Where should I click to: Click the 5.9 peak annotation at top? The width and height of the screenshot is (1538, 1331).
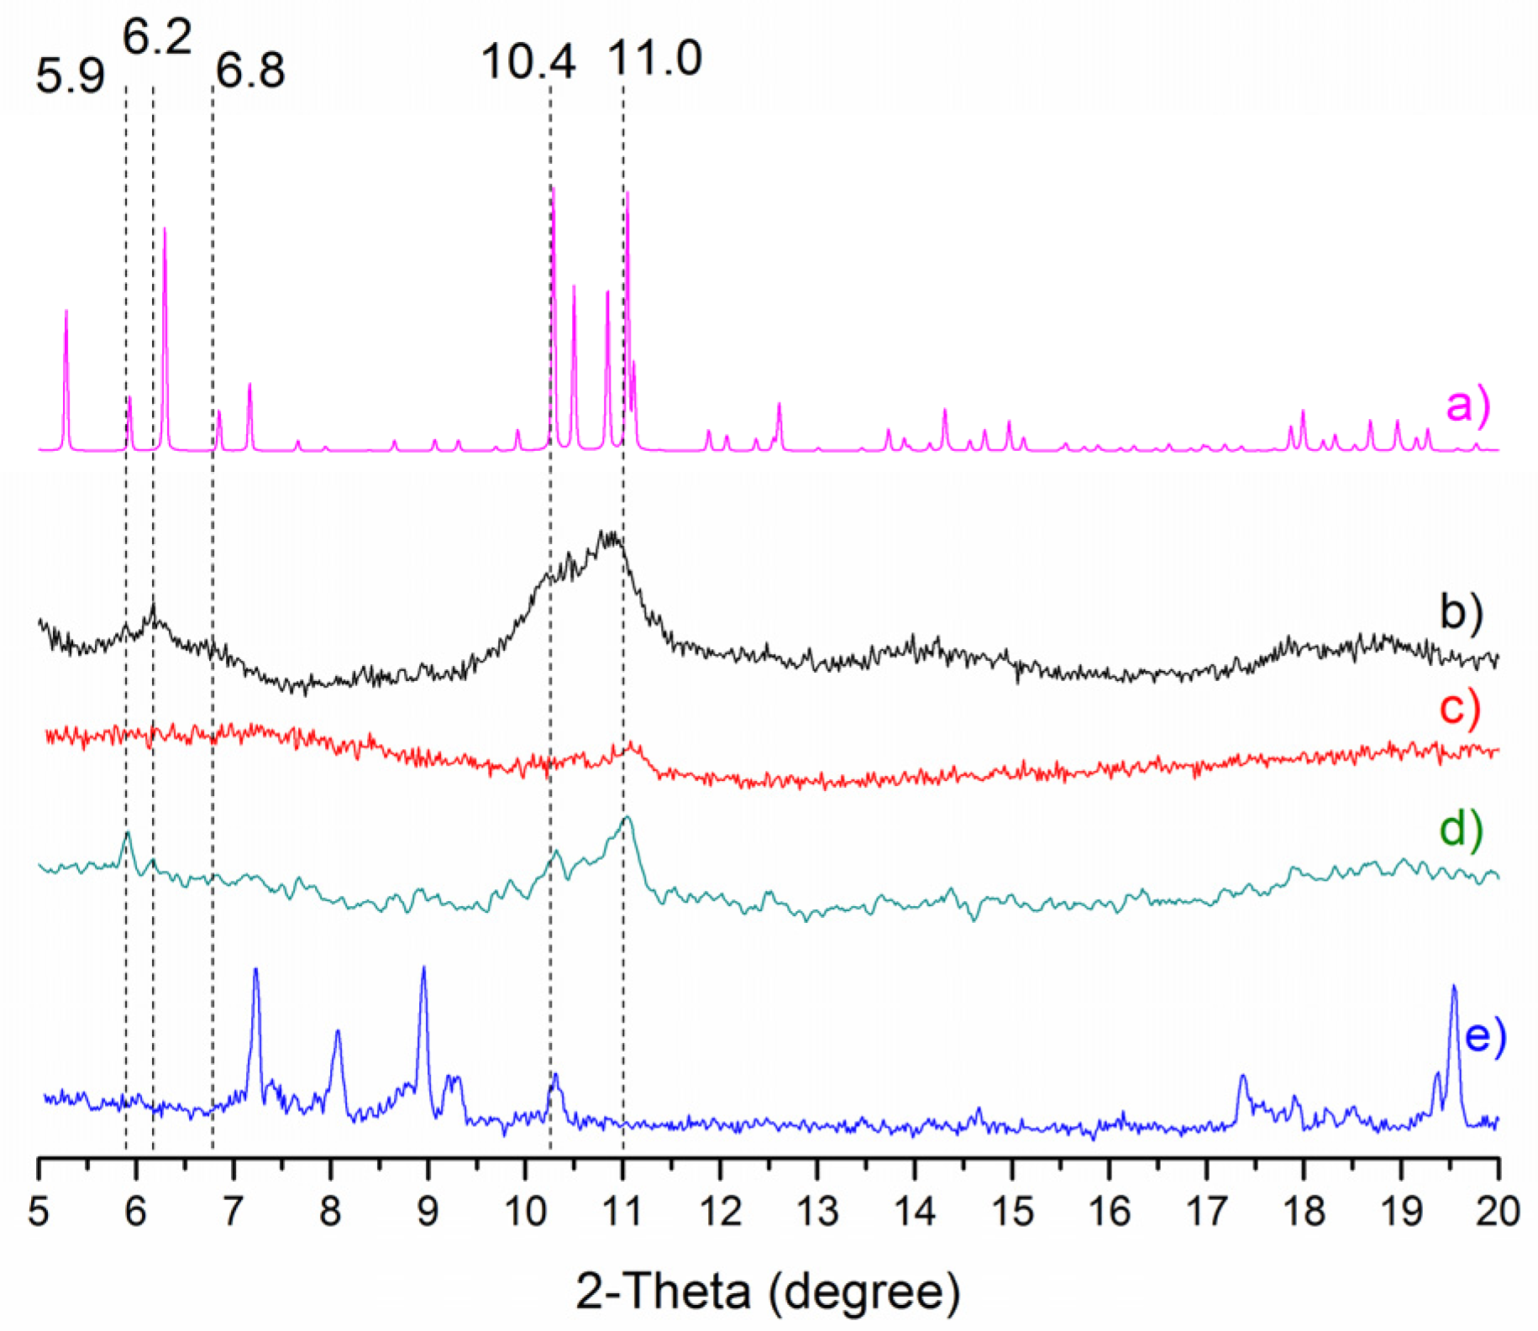coord(70,76)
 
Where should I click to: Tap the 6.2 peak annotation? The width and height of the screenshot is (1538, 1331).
coord(157,38)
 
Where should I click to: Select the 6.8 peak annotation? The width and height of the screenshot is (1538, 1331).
coord(250,71)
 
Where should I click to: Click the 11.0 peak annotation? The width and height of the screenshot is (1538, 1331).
coord(654,59)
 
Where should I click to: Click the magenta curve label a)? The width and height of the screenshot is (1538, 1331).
coord(1467,404)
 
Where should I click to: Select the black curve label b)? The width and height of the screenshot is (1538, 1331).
coord(1460,611)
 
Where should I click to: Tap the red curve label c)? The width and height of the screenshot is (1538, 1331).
coord(1460,707)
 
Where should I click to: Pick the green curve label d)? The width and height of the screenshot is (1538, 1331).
coord(1461,829)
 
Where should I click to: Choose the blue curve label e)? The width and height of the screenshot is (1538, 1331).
coord(1484,1035)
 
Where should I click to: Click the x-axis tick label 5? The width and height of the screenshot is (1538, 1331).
coord(39,1211)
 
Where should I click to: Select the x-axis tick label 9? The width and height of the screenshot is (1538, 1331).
coord(428,1211)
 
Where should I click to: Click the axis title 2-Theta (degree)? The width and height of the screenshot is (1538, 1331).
coord(767,1291)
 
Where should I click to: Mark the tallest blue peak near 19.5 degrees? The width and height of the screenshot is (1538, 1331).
coord(1453,987)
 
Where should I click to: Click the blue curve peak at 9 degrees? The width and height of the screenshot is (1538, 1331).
coord(423,968)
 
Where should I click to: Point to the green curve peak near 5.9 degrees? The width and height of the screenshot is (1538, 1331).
coord(127,833)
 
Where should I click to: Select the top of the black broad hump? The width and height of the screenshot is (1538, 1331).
coord(606,533)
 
